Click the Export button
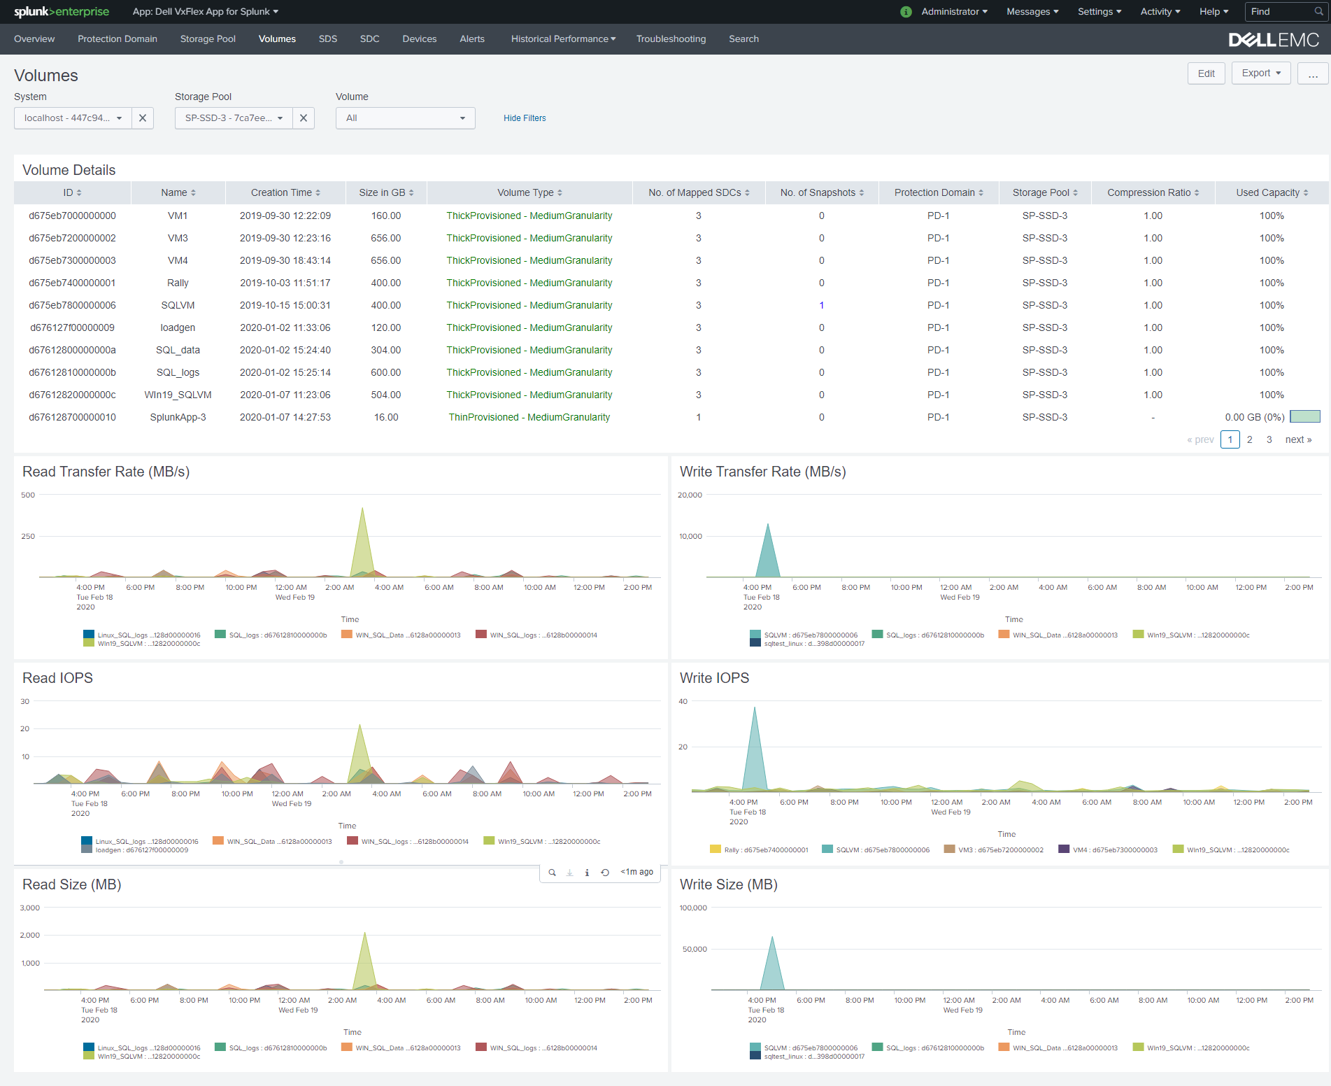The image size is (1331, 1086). (1261, 73)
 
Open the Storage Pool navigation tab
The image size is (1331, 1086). (208, 39)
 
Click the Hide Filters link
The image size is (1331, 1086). (525, 118)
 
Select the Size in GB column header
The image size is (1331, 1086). (386, 192)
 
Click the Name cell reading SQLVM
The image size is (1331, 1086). (178, 305)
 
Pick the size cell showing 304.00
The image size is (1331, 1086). (386, 350)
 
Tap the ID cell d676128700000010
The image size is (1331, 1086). (72, 417)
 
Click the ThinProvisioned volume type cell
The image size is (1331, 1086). (529, 417)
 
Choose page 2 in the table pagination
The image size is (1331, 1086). (1250, 439)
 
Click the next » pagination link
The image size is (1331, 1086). (1298, 439)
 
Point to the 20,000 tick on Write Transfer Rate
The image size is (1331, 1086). (690, 495)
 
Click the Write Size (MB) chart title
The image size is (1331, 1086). (728, 884)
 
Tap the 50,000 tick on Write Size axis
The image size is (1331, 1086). (695, 949)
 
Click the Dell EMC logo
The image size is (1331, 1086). (1274, 40)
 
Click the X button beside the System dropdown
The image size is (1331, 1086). (143, 118)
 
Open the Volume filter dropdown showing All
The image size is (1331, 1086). (405, 118)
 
